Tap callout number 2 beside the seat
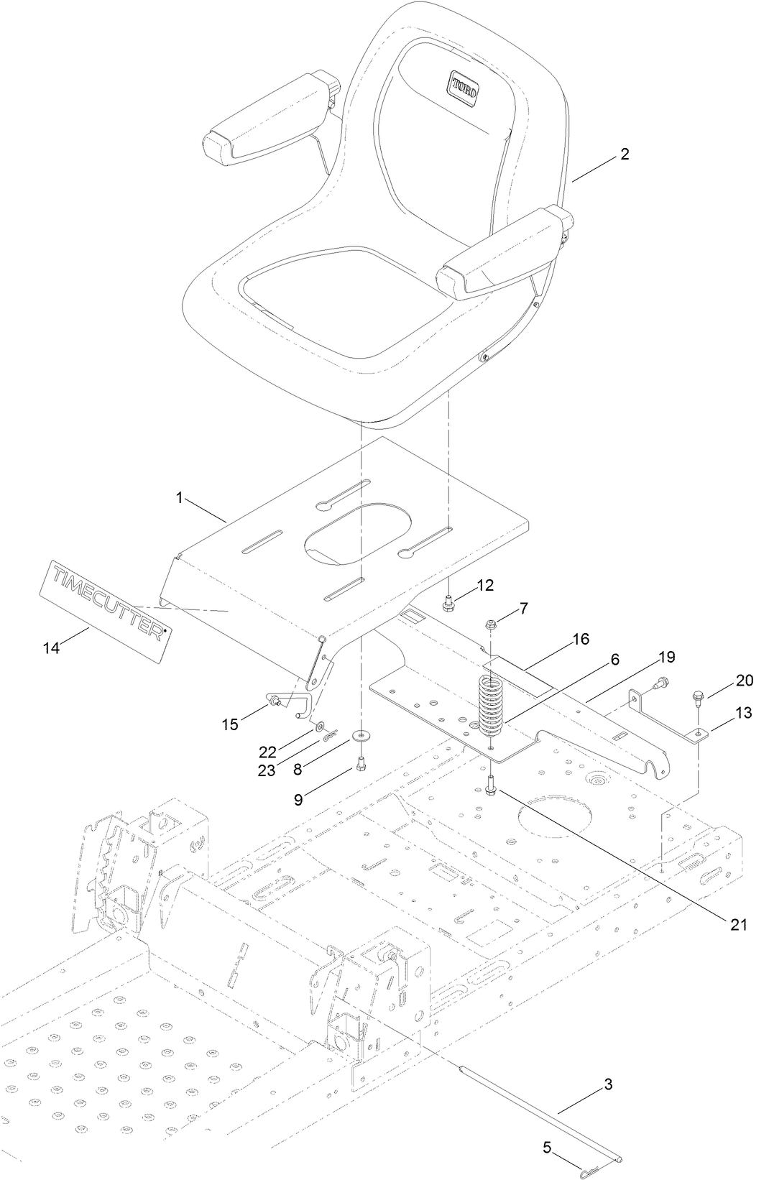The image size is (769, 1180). [x=625, y=154]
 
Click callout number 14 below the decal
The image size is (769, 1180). [x=51, y=647]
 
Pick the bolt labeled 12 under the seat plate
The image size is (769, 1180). [x=448, y=606]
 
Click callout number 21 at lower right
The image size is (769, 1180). [x=739, y=925]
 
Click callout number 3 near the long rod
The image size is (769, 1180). [x=608, y=1084]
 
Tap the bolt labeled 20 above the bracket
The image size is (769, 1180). [x=698, y=696]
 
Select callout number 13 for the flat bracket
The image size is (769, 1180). [x=743, y=712]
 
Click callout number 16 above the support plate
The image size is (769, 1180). [x=581, y=639]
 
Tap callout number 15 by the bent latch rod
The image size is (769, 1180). [x=229, y=724]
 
